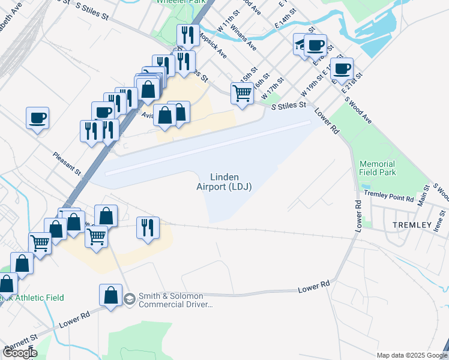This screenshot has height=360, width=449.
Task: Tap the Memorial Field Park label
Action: [378, 168]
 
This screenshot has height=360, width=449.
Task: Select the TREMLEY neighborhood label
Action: [412, 225]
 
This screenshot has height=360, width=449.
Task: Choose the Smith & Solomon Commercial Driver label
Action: [171, 300]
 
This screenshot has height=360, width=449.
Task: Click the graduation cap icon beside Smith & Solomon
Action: [129, 299]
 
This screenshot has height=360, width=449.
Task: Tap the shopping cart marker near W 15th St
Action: [242, 93]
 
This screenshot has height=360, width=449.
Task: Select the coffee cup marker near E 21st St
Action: [342, 69]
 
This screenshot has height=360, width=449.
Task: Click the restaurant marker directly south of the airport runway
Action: [148, 227]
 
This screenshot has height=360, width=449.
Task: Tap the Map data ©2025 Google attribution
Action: [411, 355]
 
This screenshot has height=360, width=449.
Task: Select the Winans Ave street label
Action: [243, 38]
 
